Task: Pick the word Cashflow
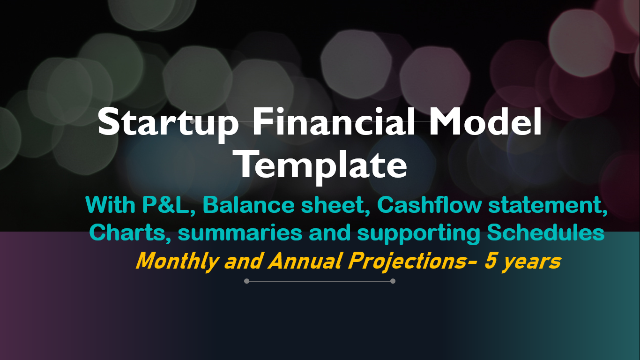[430, 205]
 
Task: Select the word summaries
[240, 233]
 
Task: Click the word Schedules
[546, 232]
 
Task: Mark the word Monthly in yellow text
[178, 262]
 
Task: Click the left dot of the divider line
[247, 281]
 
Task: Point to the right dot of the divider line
[393, 281]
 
